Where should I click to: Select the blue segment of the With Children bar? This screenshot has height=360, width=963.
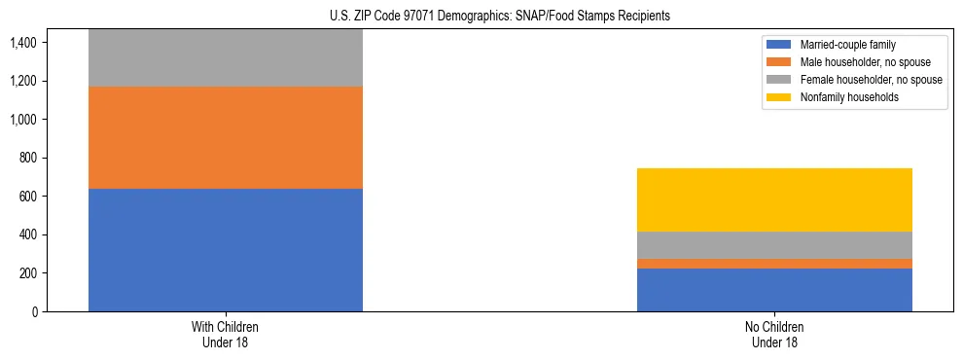pyautogui.click(x=226, y=250)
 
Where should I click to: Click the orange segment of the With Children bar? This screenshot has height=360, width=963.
pyautogui.click(x=226, y=137)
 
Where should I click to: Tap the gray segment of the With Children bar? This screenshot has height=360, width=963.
pyautogui.click(x=226, y=58)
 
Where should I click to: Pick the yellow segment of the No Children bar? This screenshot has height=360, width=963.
pyautogui.click(x=774, y=199)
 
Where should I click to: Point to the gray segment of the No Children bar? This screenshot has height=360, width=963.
pyautogui.click(x=774, y=245)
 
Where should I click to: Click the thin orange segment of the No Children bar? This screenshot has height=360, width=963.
pyautogui.click(x=774, y=264)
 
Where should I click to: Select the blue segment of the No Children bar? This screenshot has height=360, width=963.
pyautogui.click(x=774, y=290)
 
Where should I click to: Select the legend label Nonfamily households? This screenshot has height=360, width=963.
pyautogui.click(x=842, y=97)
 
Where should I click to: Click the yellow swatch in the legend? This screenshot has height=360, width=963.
pyautogui.click(x=778, y=97)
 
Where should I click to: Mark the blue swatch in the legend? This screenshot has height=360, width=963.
pyautogui.click(x=778, y=45)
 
